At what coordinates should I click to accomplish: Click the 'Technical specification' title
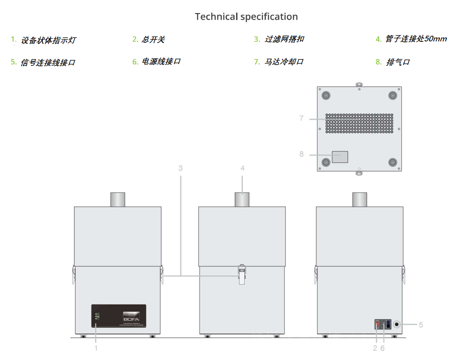(246, 17)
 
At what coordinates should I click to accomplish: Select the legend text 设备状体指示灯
(48, 41)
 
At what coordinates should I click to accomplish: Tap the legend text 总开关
(153, 40)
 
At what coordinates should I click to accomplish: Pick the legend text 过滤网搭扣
(284, 39)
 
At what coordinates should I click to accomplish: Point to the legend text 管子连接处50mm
(416, 39)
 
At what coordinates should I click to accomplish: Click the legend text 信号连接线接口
(48, 63)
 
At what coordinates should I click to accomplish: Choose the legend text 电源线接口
(161, 61)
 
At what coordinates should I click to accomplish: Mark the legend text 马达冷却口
(284, 62)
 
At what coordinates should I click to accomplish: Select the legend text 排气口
(398, 62)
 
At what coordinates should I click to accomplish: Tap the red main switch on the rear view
(378, 325)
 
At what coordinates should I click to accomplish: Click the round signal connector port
(396, 325)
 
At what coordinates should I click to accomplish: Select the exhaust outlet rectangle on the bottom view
(340, 157)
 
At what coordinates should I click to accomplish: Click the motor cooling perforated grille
(359, 123)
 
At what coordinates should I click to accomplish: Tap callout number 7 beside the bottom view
(301, 119)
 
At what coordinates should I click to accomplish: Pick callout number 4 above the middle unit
(242, 168)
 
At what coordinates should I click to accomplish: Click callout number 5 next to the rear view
(421, 325)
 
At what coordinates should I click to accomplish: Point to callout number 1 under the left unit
(96, 348)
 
